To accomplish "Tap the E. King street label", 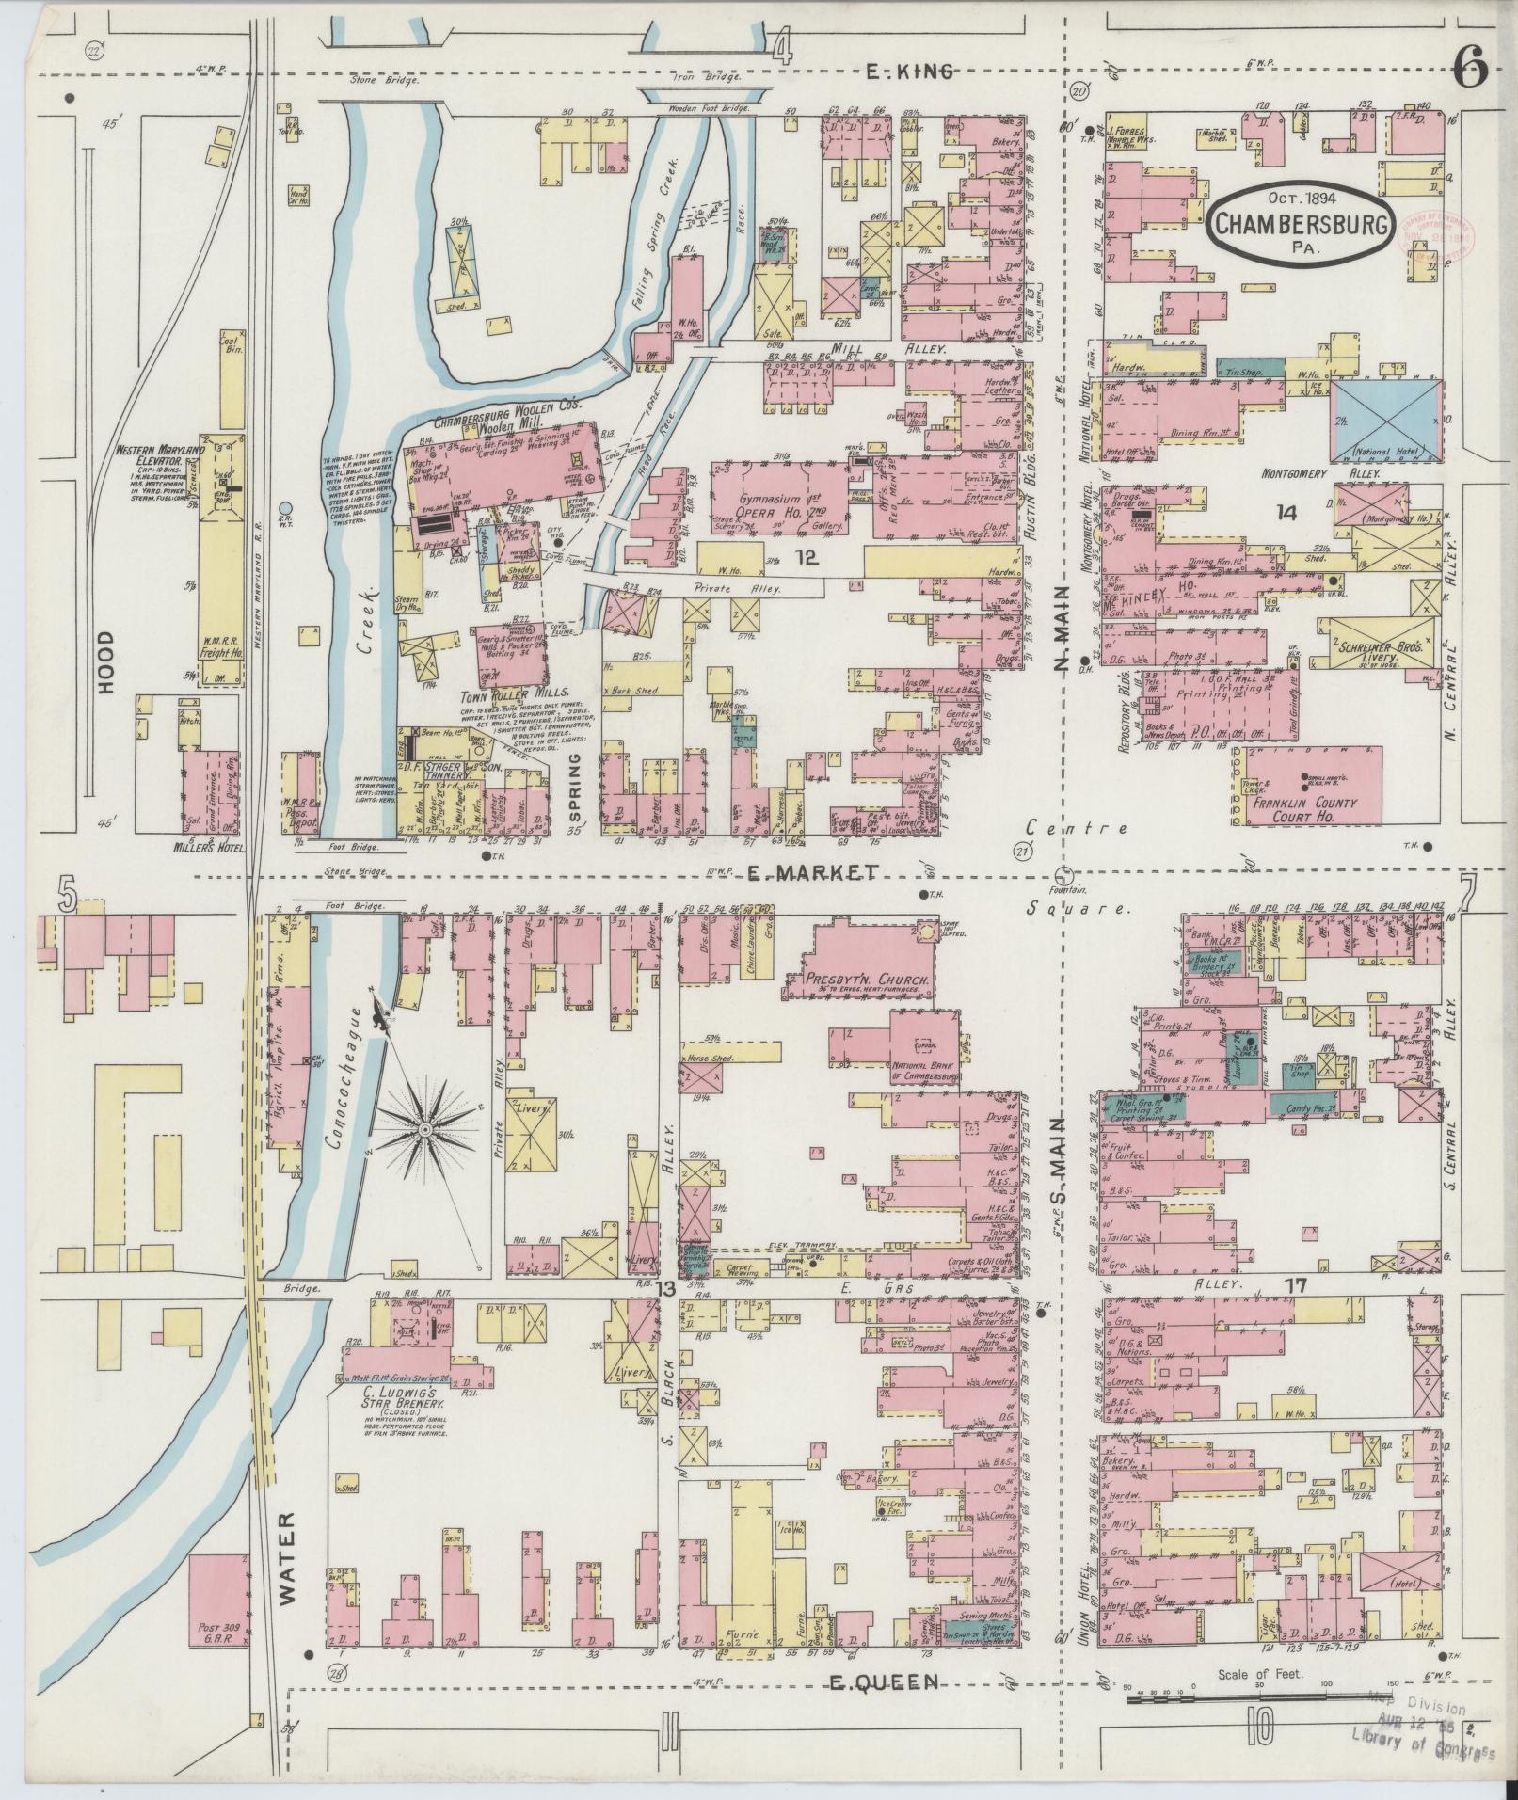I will pos(908,70).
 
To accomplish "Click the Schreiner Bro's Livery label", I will pos(1381,652).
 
